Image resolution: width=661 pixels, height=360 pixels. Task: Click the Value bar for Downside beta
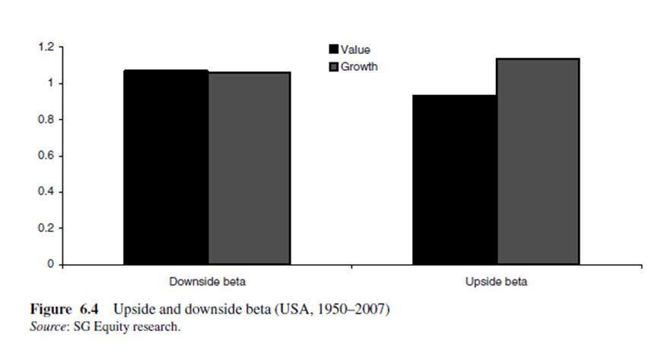tap(166, 167)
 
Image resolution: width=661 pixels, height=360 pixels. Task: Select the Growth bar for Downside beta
tap(249, 168)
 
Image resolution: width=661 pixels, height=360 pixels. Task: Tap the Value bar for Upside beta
tap(455, 180)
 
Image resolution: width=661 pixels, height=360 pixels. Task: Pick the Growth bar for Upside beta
tap(538, 161)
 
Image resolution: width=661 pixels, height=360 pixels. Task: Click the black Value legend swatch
tap(332, 50)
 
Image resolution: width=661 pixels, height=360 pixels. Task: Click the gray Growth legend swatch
tap(332, 67)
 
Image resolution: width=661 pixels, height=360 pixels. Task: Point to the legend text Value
tap(355, 50)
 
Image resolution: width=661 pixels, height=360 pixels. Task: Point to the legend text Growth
tap(359, 67)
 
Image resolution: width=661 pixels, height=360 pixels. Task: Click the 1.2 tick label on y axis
tap(45, 47)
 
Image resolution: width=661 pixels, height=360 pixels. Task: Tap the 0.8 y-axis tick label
tap(45, 119)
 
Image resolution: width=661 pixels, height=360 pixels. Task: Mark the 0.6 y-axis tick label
tap(45, 156)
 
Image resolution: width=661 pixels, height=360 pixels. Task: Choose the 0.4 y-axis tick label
tap(45, 192)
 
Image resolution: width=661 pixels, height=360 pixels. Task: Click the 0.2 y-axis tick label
tap(45, 228)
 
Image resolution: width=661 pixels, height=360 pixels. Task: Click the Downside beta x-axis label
tap(207, 282)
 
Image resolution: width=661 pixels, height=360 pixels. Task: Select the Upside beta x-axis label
tap(496, 282)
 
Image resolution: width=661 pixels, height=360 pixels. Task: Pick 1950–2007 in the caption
tap(351, 310)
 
